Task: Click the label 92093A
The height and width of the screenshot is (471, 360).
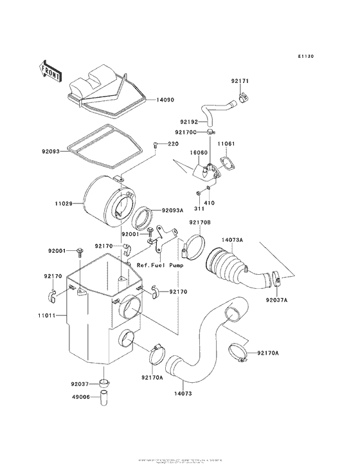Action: (172, 210)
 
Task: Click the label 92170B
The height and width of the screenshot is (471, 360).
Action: (199, 223)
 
